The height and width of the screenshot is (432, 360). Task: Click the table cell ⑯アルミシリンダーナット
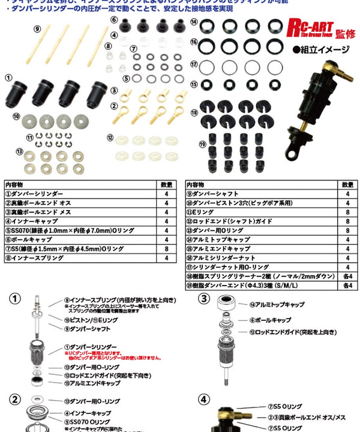tap(223, 257)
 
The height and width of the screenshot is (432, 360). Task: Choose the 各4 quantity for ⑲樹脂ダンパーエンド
tap(347, 284)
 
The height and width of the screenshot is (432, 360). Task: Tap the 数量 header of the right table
tap(347, 185)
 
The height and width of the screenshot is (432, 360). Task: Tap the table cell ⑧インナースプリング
tap(35, 257)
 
